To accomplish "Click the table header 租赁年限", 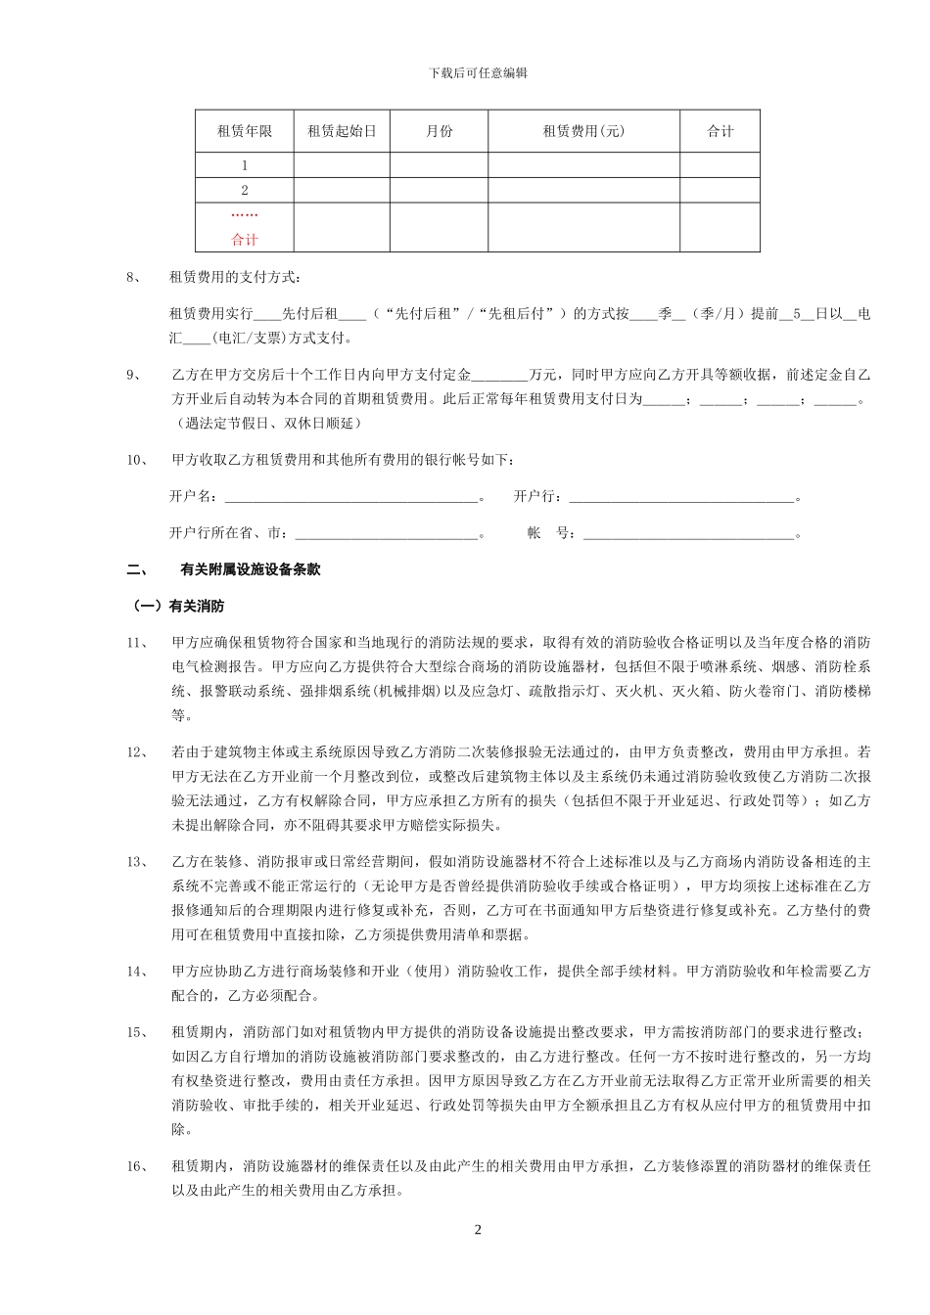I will click(x=245, y=132).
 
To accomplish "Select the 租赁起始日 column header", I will click(x=342, y=132).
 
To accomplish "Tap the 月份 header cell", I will click(x=440, y=132).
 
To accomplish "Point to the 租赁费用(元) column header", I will click(x=583, y=132).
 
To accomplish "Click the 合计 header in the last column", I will click(x=721, y=132).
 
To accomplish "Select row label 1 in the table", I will click(x=245, y=165).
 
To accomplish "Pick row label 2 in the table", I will click(x=245, y=191).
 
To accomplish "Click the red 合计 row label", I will click(x=245, y=240).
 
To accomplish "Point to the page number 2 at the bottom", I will click(x=478, y=1230).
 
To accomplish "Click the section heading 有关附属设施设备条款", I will click(x=251, y=569).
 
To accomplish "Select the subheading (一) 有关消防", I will click(x=179, y=607).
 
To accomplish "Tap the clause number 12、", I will click(x=137, y=752).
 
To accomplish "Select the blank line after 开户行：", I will click(x=681, y=498).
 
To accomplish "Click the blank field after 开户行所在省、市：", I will click(x=386, y=534).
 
